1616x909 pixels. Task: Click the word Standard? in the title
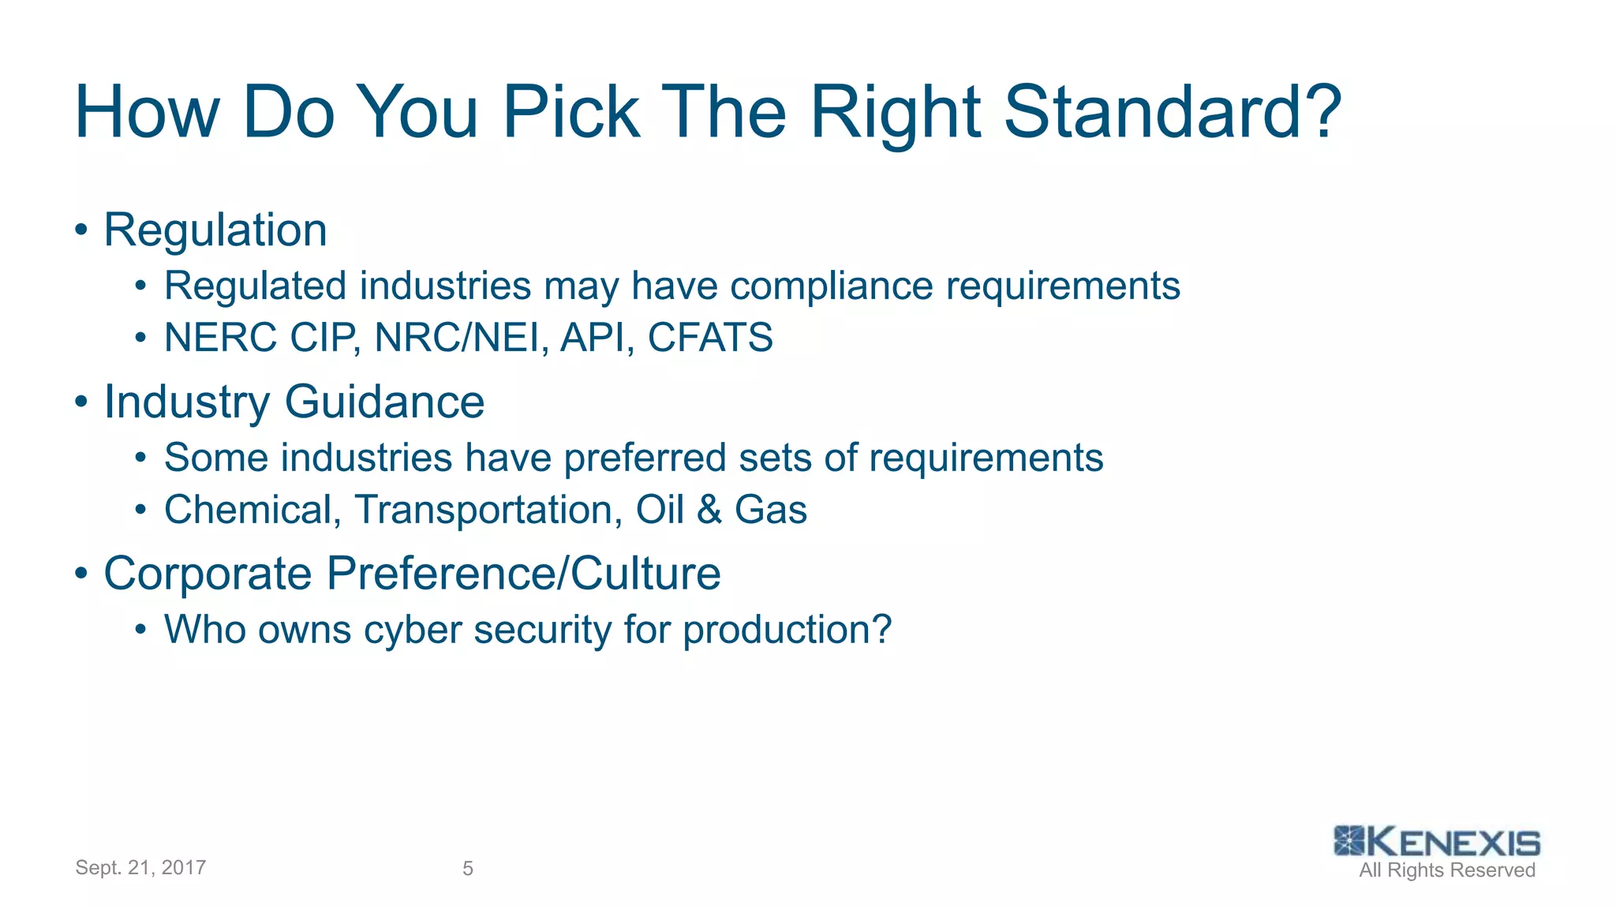tap(1172, 112)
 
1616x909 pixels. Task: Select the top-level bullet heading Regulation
tap(215, 230)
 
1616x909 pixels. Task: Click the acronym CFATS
tap(710, 338)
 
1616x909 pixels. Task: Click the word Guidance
tap(384, 402)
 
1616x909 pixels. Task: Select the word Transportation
tap(484, 510)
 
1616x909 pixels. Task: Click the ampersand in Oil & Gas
tap(709, 510)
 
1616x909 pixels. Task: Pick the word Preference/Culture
tap(523, 573)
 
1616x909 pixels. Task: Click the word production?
tap(787, 630)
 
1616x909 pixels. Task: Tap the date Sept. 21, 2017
tap(140, 868)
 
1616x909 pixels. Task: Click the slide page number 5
tap(468, 869)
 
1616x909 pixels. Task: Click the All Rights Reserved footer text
tap(1447, 870)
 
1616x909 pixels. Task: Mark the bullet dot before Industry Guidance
tap(80, 402)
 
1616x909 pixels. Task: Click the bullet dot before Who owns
tap(140, 630)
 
